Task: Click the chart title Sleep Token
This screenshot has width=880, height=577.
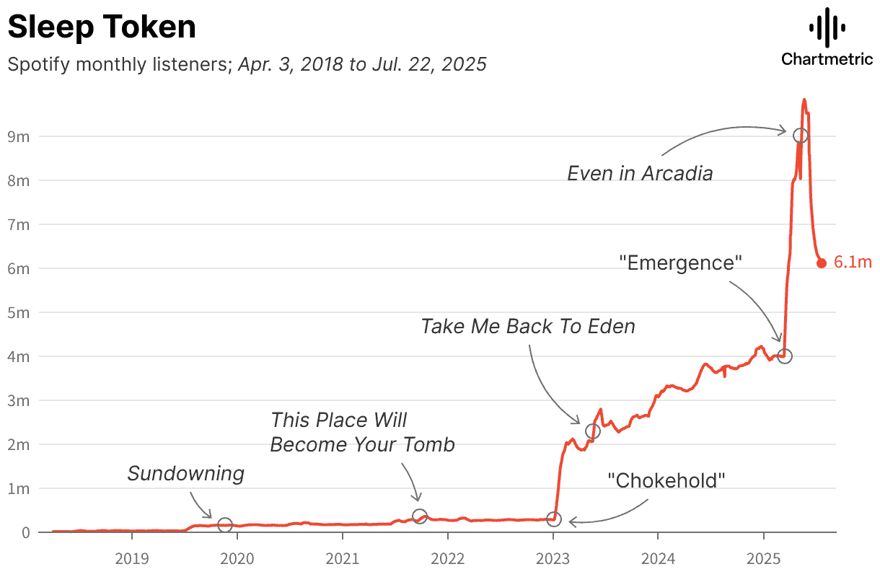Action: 102,27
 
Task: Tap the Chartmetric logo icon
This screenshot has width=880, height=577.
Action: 827,28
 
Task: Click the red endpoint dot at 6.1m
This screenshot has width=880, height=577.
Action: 821,263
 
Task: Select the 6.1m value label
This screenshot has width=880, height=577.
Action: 853,263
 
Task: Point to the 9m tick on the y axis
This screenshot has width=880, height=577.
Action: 19,136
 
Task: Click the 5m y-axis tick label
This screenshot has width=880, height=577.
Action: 19,312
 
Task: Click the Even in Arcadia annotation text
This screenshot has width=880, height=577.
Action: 640,174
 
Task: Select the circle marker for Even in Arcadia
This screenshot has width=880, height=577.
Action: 800,136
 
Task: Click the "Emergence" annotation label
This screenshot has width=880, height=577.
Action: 681,263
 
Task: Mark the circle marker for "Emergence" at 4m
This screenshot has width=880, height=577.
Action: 785,356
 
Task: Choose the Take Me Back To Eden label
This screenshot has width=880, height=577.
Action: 528,326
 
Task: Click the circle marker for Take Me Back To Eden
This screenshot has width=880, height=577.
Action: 592,431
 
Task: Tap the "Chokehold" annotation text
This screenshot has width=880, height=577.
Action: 666,480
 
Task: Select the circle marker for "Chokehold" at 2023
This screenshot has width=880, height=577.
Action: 553,519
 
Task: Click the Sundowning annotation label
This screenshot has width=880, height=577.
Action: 186,474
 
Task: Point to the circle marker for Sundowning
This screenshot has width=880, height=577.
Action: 225,525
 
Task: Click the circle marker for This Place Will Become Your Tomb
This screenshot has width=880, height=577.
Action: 420,516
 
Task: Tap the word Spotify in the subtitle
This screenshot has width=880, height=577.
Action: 38,64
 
